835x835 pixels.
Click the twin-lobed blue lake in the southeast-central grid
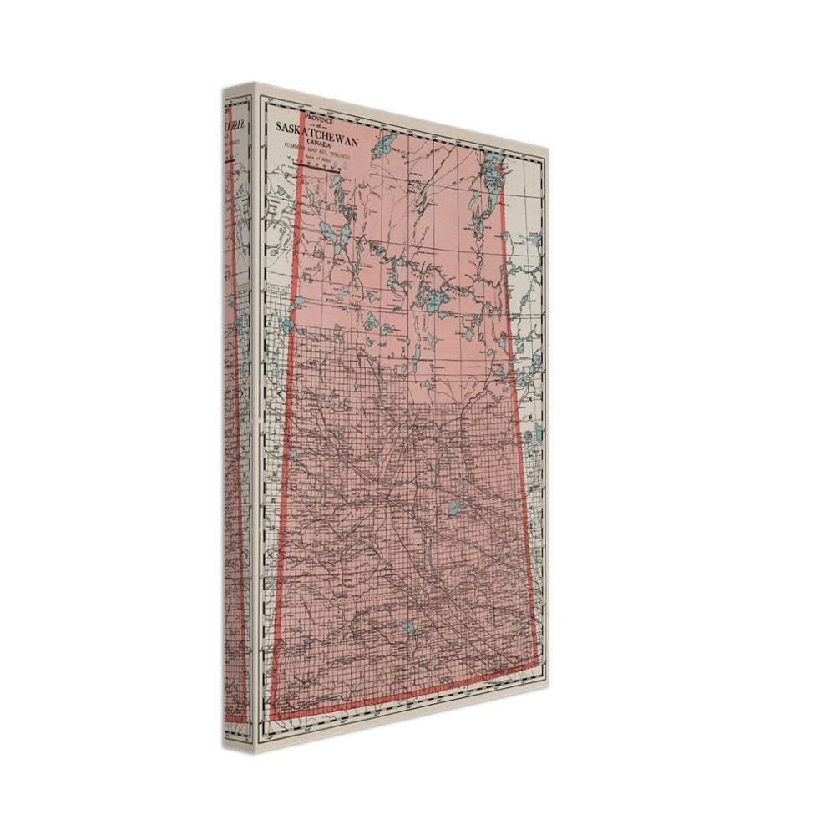click(456, 506)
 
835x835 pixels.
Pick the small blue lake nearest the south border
click(407, 627)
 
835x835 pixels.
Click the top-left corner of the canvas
click(255, 85)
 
